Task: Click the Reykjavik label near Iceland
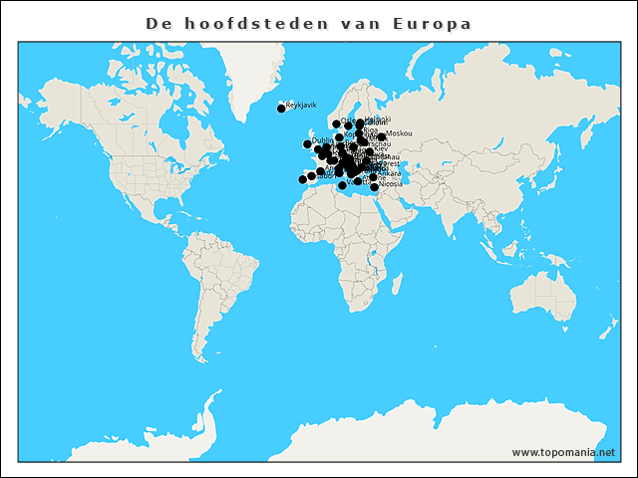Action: coord(301,105)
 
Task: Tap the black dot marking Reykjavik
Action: coord(281,109)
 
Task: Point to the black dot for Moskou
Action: coord(382,136)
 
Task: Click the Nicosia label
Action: coord(391,184)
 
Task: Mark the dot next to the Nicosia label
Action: coord(375,186)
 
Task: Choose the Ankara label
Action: coord(388,173)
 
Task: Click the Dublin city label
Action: coord(322,140)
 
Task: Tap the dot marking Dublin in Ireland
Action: coord(308,144)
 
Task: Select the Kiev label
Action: coord(381,148)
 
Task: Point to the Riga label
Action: coord(370,129)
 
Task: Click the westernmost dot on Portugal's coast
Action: coord(303,179)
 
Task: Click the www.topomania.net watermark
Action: coord(563,452)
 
